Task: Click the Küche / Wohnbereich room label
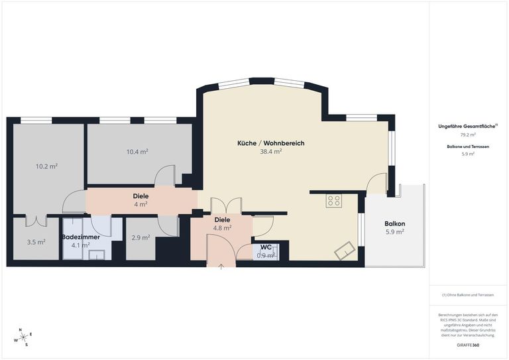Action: click(271, 143)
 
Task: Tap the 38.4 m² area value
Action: click(270, 151)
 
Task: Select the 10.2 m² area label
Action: click(46, 166)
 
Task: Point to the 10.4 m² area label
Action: click(137, 151)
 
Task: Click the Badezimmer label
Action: click(81, 237)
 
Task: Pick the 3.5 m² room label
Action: click(36, 242)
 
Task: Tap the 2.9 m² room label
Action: click(141, 237)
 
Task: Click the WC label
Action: click(266, 248)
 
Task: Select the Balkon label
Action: click(395, 223)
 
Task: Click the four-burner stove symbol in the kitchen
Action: click(334, 201)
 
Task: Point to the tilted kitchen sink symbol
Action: click(345, 250)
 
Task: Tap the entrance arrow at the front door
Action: click(221, 267)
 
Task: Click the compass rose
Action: click(24, 337)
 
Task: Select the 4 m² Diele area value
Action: click(141, 204)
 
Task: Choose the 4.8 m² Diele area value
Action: click(222, 228)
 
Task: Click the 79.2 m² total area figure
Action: click(468, 135)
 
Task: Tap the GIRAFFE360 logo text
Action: click(467, 345)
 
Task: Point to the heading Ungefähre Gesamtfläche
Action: click(467, 127)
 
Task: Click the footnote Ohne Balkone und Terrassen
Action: click(468, 295)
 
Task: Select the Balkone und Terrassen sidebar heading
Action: click(468, 147)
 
